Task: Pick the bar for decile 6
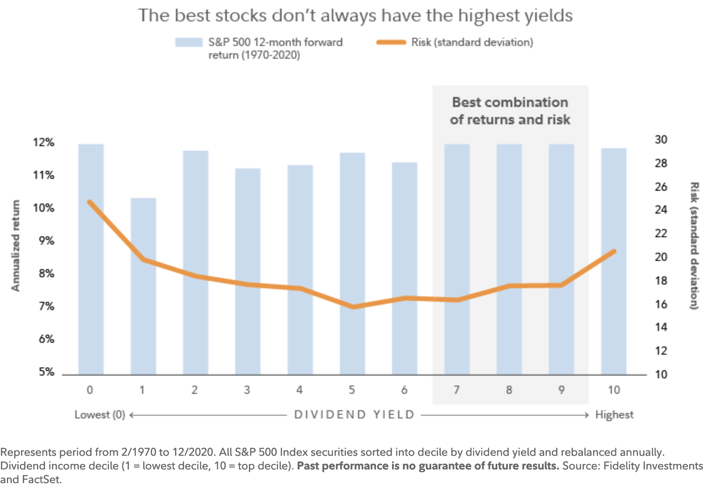pos(404,268)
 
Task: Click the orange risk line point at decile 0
pos(90,202)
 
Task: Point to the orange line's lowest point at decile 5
pos(352,307)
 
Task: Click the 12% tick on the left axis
pos(43,143)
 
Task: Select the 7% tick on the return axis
pos(46,306)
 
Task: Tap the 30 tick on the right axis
pos(660,139)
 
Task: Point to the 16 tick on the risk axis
pos(660,304)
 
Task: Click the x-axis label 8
pos(509,390)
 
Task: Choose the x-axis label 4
pos(299,390)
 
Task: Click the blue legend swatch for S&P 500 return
pos(188,42)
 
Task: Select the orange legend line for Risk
pos(391,42)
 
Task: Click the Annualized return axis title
pos(16,246)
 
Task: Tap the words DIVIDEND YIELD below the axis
pos(354,415)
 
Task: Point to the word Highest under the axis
pos(614,415)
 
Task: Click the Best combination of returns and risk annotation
pos(510,111)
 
